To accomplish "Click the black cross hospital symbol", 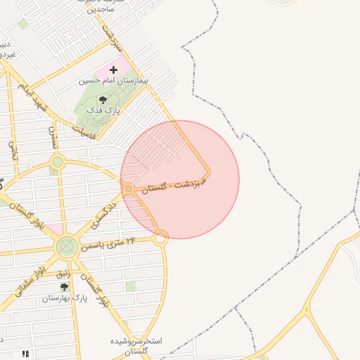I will pos(114,70).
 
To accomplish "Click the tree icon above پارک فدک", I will pos(103,100).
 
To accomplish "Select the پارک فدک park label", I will pos(103,111).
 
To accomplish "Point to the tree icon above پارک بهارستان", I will pos(64,287).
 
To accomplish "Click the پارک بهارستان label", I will pos(64,298).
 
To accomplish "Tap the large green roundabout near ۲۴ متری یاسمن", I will pos(67,247).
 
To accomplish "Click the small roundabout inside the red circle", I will pos(129,189).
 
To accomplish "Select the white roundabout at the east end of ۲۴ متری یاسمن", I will pos(160,238).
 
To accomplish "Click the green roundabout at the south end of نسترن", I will pos(58,162).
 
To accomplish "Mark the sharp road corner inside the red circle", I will pos(209,171).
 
